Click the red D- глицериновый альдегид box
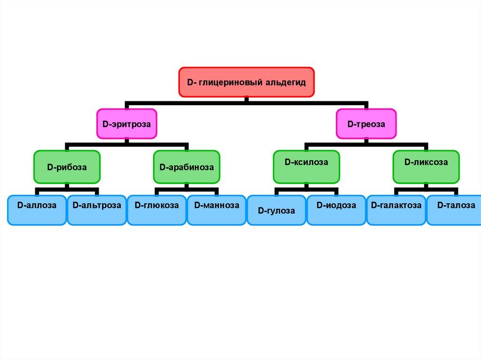[246, 82]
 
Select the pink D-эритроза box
[126, 124]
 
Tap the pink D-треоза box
[366, 124]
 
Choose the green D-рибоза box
[67, 167]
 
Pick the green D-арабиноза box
[186, 167]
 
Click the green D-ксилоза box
[306, 167]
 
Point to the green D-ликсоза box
[426, 167]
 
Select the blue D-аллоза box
[37, 210]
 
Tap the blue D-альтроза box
[97, 210]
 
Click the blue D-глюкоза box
[157, 210]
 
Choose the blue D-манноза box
[217, 210]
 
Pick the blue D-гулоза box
[277, 210]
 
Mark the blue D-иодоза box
[336, 210]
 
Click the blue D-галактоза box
[396, 210]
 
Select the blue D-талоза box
[454, 210]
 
